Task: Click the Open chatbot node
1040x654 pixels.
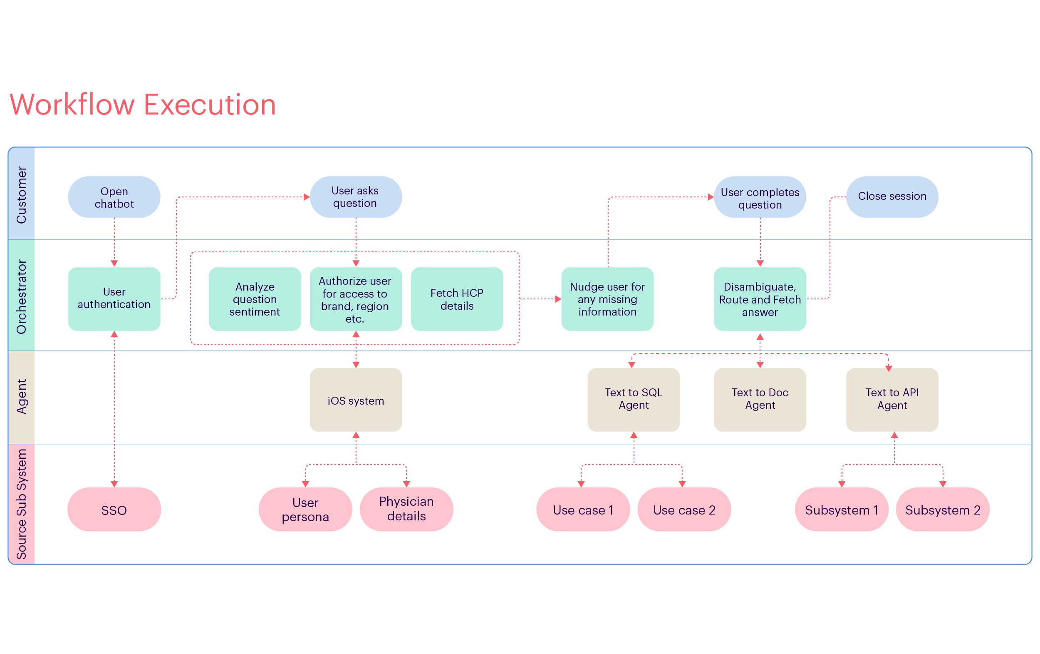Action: tap(114, 197)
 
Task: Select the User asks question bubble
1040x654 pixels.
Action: tap(355, 197)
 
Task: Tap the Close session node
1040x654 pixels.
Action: tap(892, 197)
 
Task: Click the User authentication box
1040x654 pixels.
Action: tap(114, 298)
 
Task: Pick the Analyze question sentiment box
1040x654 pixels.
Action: tap(255, 298)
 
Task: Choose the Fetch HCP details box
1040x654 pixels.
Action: tap(456, 298)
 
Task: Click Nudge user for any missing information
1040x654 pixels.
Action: tap(607, 298)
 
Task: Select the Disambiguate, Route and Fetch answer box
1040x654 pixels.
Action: tap(760, 298)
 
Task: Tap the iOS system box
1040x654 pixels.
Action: tap(355, 400)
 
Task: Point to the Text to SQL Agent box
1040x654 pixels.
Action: tap(633, 399)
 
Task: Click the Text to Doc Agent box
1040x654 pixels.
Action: tap(760, 399)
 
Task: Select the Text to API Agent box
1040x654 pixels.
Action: tap(892, 399)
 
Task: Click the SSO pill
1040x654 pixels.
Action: tap(114, 510)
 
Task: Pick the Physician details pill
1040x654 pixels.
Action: tap(406, 509)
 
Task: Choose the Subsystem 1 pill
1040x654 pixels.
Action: tap(841, 510)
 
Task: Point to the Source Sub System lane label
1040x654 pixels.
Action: tap(21, 504)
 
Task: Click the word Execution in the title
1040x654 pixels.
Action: tap(210, 105)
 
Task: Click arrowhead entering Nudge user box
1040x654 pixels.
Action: tap(558, 298)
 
